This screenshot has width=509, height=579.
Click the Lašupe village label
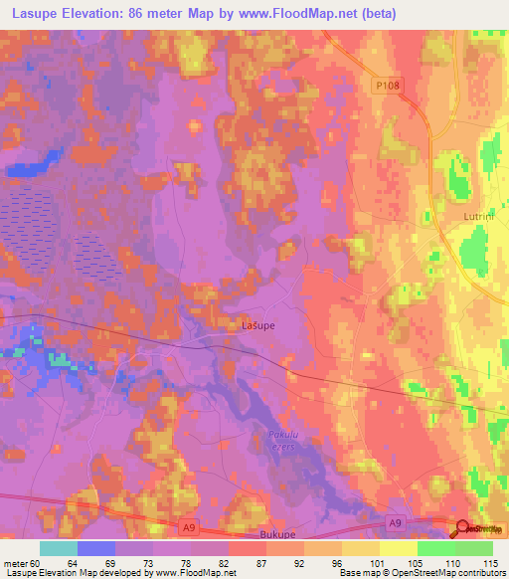coord(258,325)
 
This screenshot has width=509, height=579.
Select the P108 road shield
coord(389,88)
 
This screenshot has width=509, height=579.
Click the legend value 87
coord(246,563)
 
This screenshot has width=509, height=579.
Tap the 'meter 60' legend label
coord(22,563)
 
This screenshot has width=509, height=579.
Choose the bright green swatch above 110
coord(436,548)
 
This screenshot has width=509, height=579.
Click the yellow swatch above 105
coord(399,548)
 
